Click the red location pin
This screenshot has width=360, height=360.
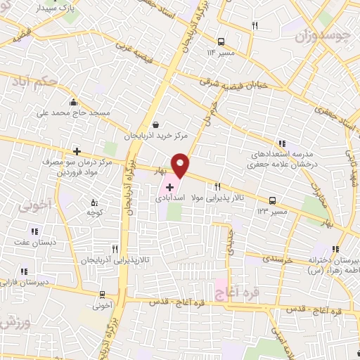click(180, 165)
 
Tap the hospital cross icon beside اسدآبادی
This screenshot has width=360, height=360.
click(170, 188)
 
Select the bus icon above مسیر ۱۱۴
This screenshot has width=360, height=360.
click(221, 41)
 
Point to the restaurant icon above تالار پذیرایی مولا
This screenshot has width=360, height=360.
click(217, 187)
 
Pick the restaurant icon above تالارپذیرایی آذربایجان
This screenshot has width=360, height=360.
click(115, 248)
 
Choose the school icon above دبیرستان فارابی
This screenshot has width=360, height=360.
click(25, 271)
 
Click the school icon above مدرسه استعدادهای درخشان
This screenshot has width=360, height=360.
click(282, 143)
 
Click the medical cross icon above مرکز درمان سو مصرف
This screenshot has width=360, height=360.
click(77, 151)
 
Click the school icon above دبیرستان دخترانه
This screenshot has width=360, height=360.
click(335, 250)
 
